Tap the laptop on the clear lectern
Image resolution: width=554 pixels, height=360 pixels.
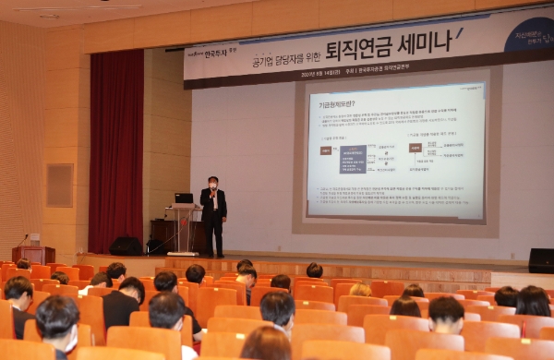184,198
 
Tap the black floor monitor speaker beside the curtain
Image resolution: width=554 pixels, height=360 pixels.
126,246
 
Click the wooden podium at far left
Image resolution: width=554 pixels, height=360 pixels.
33,254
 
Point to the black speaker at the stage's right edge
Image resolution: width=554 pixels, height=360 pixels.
541,260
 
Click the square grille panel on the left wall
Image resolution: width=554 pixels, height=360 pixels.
60,185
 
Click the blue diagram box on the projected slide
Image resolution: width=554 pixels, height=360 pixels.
353,158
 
